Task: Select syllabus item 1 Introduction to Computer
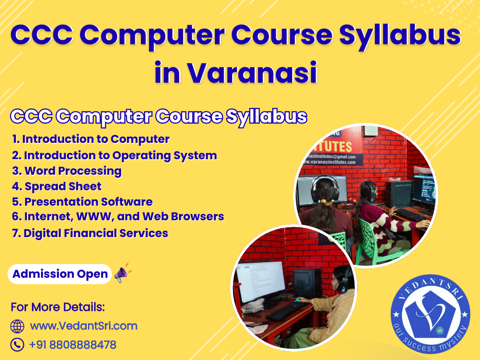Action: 91,139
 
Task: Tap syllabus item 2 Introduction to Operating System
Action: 114,156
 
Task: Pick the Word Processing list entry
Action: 67,171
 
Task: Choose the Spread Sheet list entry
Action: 57,186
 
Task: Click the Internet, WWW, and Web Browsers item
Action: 118,217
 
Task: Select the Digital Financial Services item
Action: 90,233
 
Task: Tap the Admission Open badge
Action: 60,274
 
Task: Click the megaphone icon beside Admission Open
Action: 123,272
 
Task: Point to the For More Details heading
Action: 58,307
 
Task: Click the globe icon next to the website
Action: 17,326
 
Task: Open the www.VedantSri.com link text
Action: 84,326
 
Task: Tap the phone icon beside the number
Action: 17,345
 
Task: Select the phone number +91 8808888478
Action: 72,345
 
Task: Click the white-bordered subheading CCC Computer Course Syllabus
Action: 158,117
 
